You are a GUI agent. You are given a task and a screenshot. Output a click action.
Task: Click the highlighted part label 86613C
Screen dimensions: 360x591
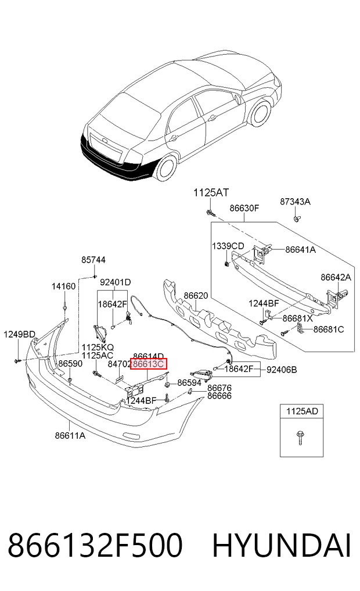point(148,364)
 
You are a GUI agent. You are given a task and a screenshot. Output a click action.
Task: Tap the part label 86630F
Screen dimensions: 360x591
point(244,208)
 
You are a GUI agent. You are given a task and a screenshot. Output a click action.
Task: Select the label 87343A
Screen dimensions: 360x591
point(295,202)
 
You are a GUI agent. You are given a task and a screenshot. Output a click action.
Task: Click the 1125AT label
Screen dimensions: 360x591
point(211,192)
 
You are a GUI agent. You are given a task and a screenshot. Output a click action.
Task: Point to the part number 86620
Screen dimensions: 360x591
point(196,295)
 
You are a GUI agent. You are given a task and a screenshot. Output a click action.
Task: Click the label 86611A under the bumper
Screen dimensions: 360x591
point(70,435)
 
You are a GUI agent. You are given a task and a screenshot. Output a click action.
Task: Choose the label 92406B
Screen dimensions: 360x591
point(282,370)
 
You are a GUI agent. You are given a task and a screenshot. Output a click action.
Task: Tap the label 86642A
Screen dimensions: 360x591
point(336,277)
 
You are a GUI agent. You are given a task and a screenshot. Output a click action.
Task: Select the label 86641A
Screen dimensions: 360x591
point(301,249)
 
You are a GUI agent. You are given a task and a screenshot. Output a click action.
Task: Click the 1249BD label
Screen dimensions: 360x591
point(20,334)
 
